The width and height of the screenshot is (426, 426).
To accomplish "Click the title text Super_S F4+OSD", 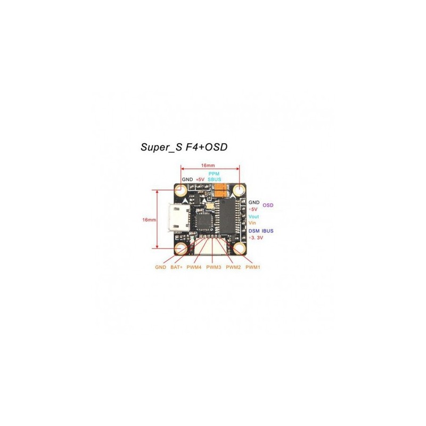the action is pos(184,147).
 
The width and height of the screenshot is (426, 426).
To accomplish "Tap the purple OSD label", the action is pos(268,206).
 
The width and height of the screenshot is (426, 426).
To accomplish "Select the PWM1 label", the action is pos(253,267).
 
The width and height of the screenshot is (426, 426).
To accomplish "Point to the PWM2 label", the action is pos(233,267).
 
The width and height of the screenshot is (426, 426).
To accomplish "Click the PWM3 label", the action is pos(214,267).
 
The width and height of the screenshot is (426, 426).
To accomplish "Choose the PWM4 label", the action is pos(194,267).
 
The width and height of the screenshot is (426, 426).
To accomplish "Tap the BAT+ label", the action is pos(176,267).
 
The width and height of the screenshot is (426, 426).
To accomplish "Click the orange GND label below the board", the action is pos(161,267).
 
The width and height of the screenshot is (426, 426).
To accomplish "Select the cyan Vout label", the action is pos(254,217).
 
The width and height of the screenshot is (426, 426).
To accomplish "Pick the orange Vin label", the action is pos(252,223).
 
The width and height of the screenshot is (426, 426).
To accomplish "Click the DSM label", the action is pos(254,231).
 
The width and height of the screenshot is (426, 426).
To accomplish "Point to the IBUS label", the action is pos(268,231).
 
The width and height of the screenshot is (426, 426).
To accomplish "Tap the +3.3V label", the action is pos(256,237).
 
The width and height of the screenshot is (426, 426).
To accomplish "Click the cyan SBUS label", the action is pos(215,179).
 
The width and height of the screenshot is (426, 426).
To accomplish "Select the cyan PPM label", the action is pos(214,174).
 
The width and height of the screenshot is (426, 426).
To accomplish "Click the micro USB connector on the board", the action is pos(179,218).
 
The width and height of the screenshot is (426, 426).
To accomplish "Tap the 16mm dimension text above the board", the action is pos(208,165).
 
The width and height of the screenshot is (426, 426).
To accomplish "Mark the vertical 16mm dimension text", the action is pos(149,219).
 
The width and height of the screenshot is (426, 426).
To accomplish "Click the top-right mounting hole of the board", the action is pos(239,190).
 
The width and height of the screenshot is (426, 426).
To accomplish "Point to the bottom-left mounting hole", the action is pos(181,248).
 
